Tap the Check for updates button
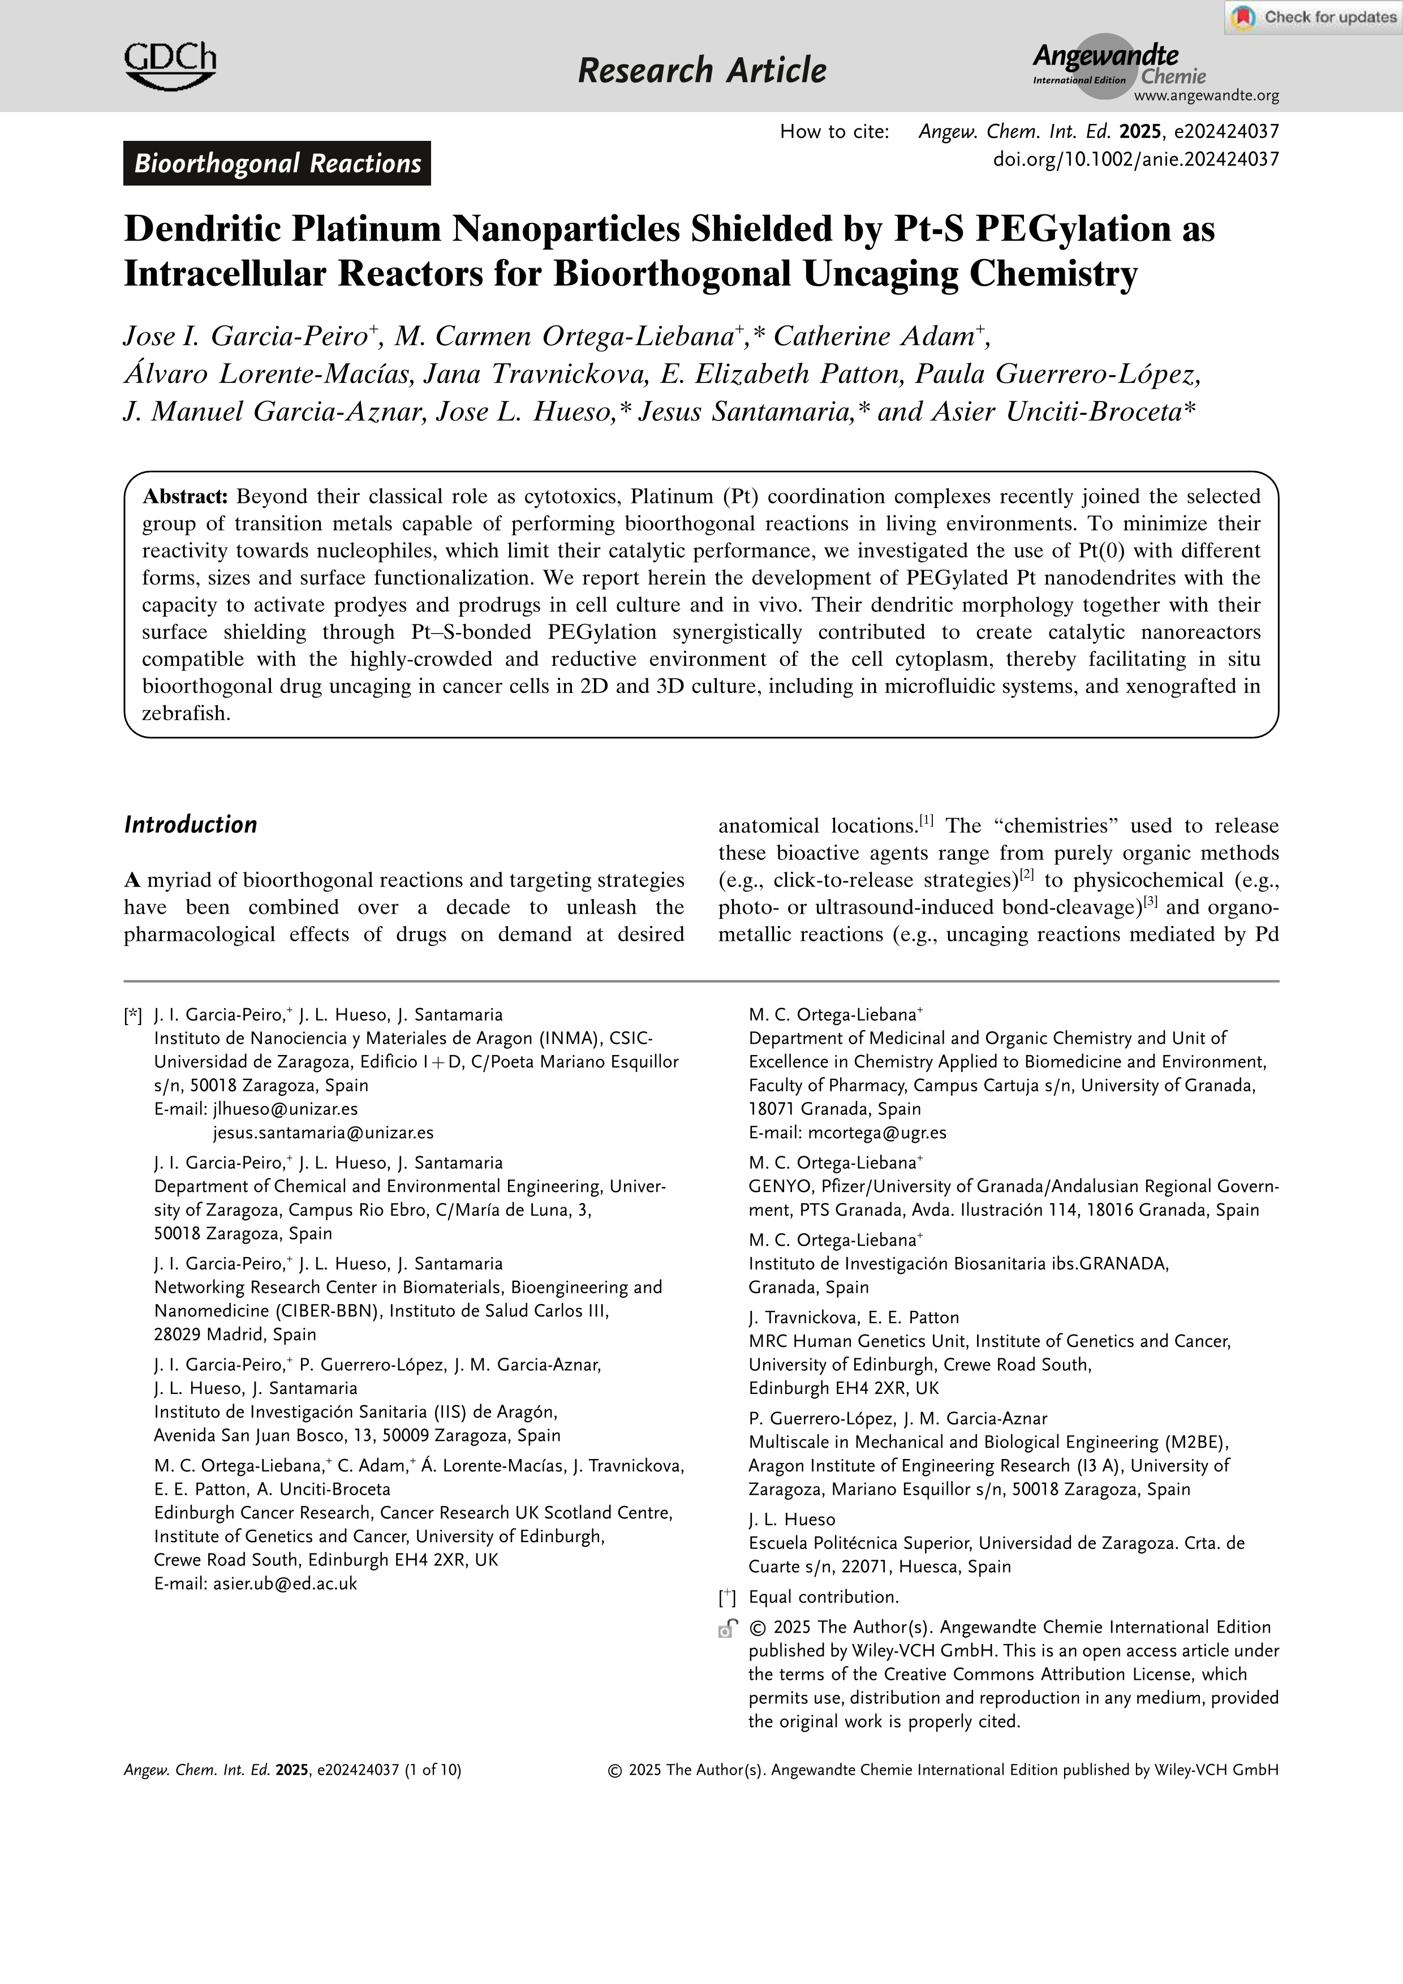point(1313,18)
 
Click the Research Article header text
point(701,70)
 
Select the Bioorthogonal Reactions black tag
point(277,163)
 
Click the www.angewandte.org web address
point(1206,96)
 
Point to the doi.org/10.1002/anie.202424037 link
point(1135,159)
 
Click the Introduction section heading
point(191,824)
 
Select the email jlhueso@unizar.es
point(285,1109)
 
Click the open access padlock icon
point(728,1628)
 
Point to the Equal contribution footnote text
point(823,1597)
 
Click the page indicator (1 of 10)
point(432,1769)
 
